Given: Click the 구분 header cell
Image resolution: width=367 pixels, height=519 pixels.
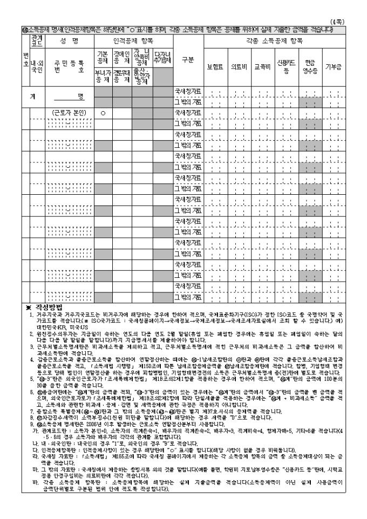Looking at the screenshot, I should tap(187, 59).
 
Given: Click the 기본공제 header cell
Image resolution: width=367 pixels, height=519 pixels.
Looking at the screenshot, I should tap(102, 57).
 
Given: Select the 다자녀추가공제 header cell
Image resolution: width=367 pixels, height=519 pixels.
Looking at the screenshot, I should tap(162, 57).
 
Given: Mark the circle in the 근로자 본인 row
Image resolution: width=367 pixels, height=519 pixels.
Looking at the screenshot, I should tap(102, 113).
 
